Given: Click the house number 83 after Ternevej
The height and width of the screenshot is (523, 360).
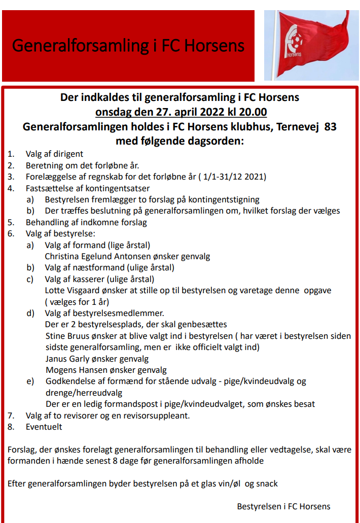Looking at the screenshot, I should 330,127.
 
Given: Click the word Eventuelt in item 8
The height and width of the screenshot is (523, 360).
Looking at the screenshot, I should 44,427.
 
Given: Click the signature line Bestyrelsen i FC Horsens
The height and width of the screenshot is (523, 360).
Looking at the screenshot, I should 283,506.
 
